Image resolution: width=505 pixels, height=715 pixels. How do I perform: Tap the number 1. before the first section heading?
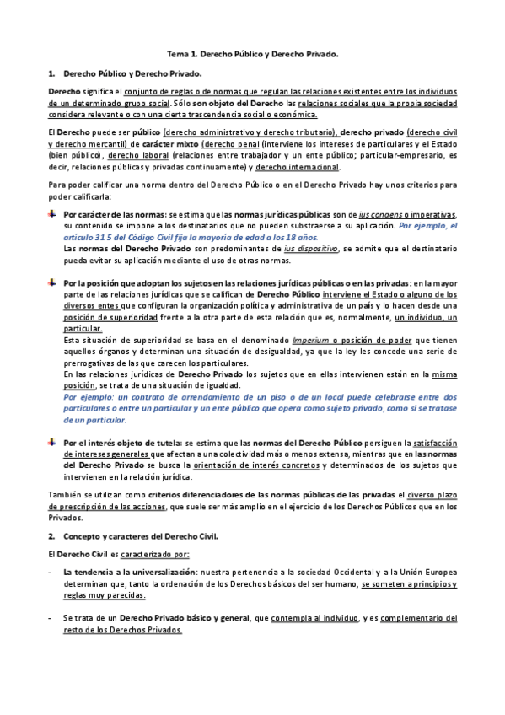(52, 73)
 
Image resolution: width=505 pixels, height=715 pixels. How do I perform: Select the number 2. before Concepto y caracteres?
(52, 535)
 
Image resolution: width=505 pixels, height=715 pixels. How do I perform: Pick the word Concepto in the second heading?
(86, 535)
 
